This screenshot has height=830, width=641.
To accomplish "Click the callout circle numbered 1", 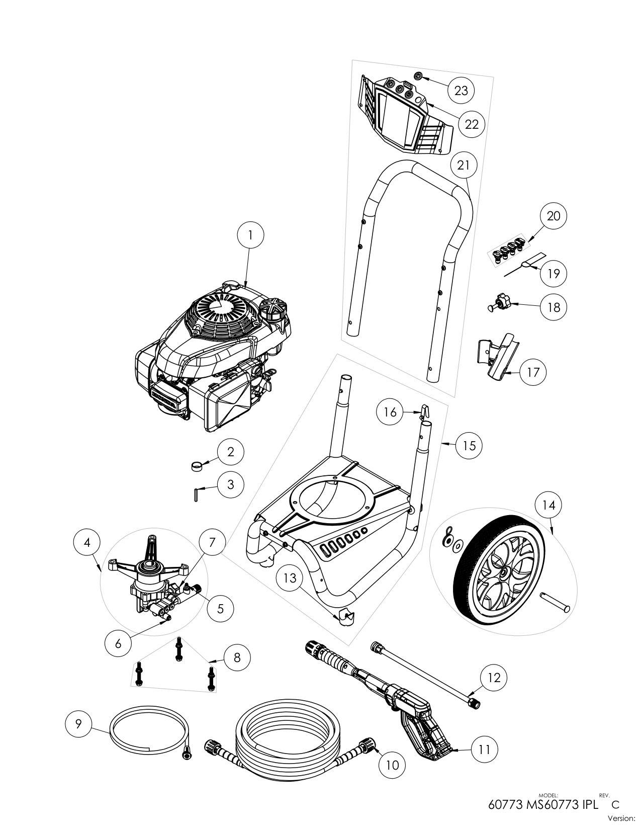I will pos(250,234).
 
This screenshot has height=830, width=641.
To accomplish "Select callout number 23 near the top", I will pos(461,90).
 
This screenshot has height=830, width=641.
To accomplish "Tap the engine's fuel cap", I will pos(274,310).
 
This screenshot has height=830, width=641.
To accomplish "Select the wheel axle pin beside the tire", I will pos(555,602).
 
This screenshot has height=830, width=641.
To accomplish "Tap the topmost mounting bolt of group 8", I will pos(178,649).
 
